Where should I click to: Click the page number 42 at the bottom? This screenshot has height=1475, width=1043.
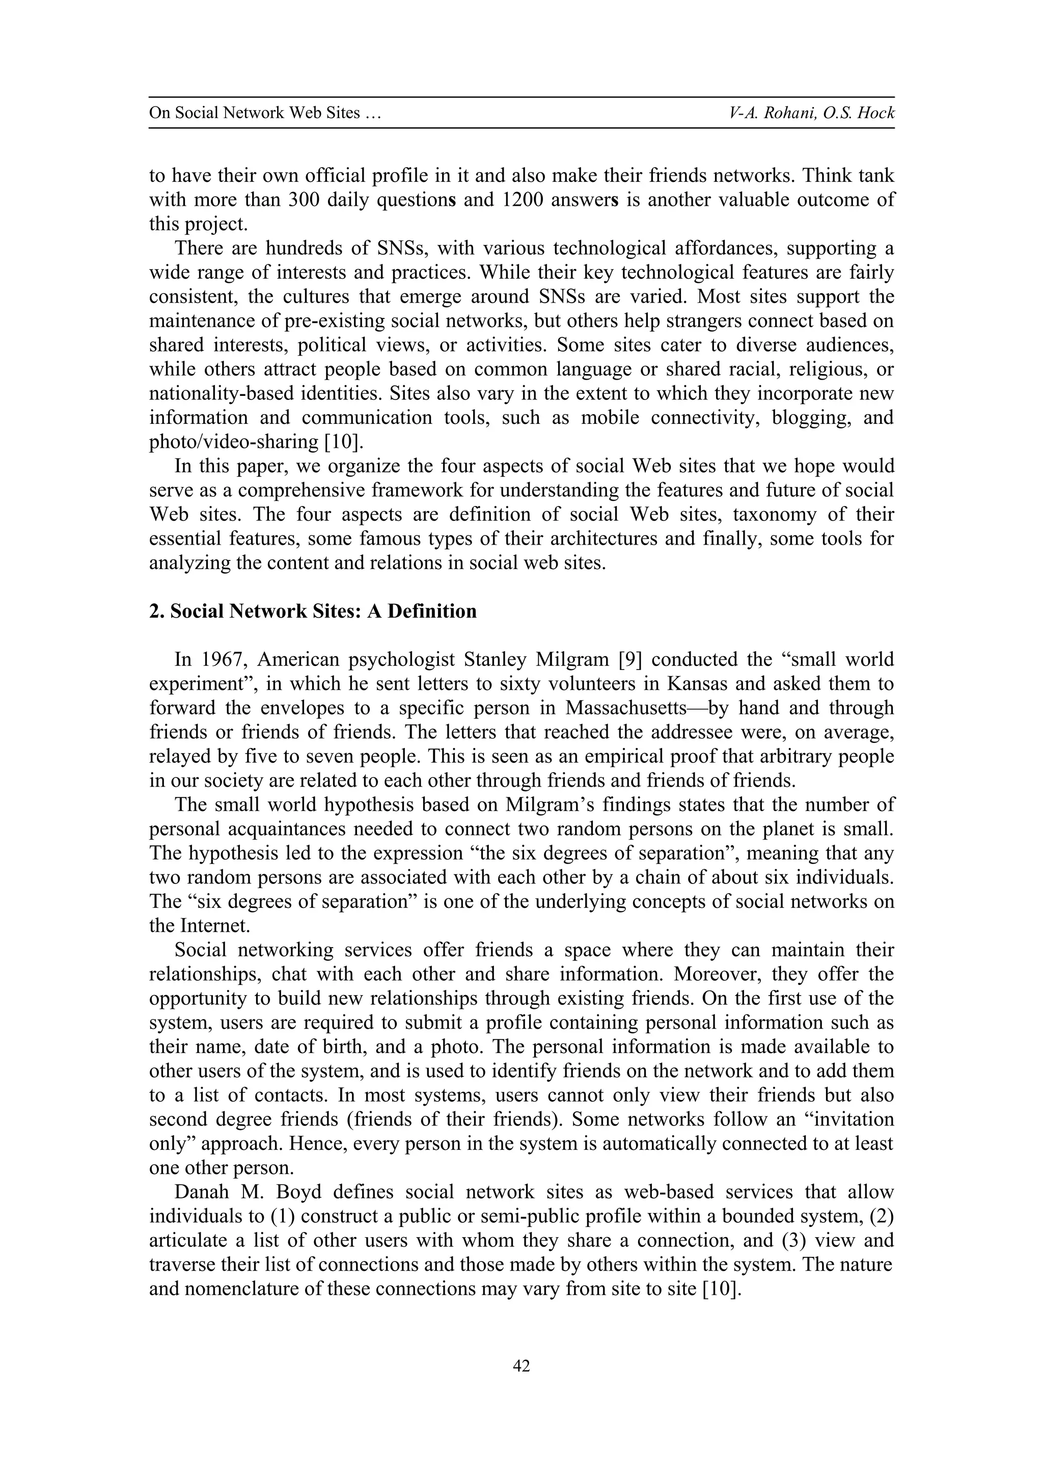521,1366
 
